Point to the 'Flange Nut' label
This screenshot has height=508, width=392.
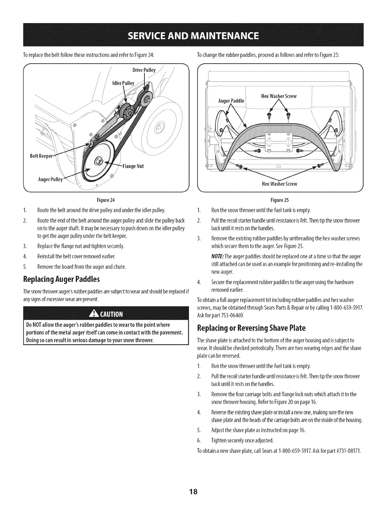(134, 166)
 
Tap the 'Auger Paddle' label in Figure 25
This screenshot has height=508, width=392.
(231, 101)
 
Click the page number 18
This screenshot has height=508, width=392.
(196, 492)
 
